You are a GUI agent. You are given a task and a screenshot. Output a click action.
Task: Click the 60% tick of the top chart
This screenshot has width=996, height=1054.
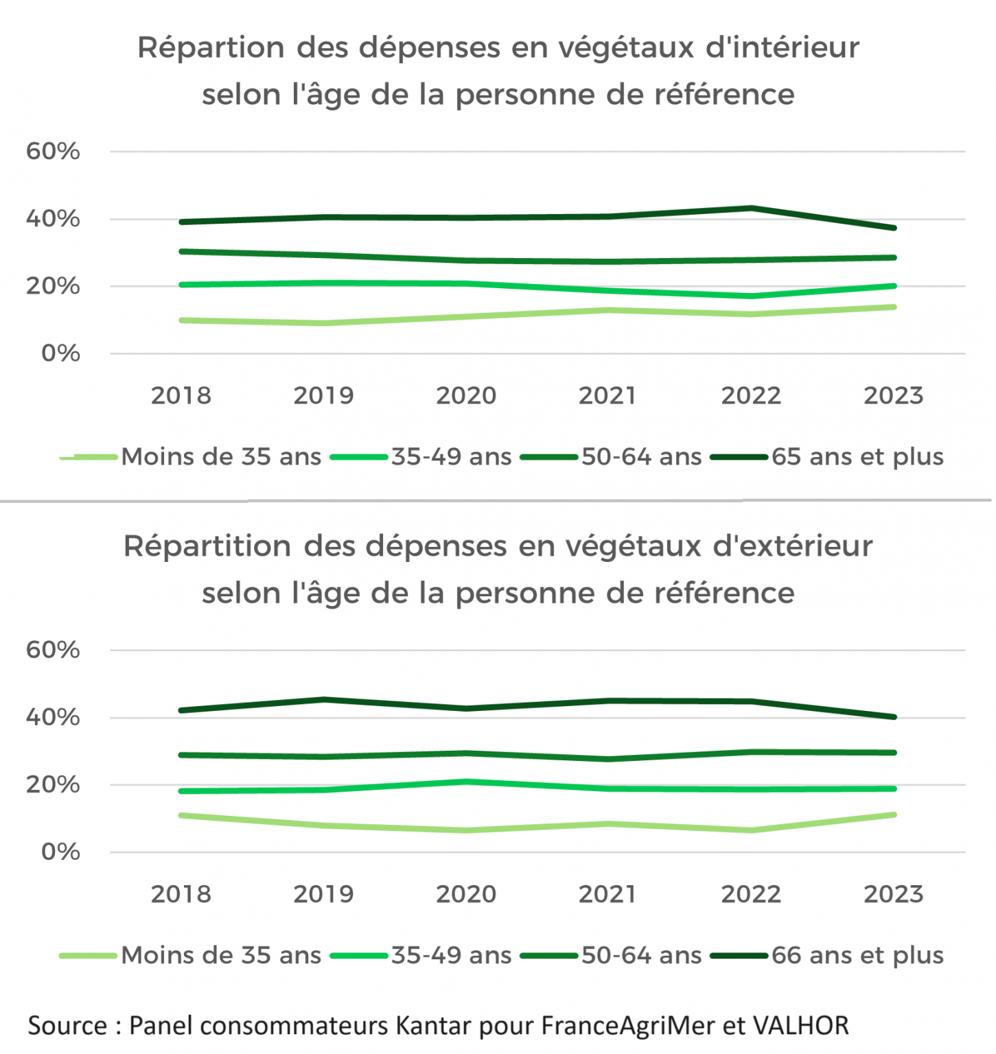tap(53, 151)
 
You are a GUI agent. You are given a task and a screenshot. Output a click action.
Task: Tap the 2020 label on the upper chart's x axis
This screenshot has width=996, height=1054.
tap(466, 396)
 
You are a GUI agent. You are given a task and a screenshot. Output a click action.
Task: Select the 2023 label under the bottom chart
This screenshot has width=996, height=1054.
tap(893, 895)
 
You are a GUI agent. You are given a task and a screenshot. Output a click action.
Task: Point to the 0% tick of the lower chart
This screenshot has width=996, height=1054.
tap(60, 852)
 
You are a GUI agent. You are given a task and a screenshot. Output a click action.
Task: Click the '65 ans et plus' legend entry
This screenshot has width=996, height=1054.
tap(857, 457)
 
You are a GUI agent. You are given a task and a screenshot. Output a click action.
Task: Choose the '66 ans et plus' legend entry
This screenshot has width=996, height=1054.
tap(857, 956)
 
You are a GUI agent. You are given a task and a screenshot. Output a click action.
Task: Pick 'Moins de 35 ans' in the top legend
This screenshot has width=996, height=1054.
tap(221, 457)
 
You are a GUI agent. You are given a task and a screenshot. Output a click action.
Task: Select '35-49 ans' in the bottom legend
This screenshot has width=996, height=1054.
tap(451, 956)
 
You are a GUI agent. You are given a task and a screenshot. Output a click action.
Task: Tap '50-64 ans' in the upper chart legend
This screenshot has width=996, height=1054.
tap(641, 457)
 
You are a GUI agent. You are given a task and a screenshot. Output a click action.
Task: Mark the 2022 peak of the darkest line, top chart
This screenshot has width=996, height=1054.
tap(752, 208)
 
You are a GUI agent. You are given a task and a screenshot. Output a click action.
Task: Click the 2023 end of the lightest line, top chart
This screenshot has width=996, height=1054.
tap(894, 307)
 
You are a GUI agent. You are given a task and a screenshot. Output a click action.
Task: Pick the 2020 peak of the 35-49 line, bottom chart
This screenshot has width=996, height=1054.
tap(466, 782)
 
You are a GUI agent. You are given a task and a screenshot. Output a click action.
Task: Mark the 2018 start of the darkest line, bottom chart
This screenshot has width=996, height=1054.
tap(181, 710)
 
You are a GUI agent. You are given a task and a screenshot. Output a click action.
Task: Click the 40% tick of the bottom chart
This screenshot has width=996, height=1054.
tap(53, 718)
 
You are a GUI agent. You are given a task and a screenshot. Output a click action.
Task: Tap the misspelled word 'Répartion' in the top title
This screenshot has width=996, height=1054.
tap(211, 48)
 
